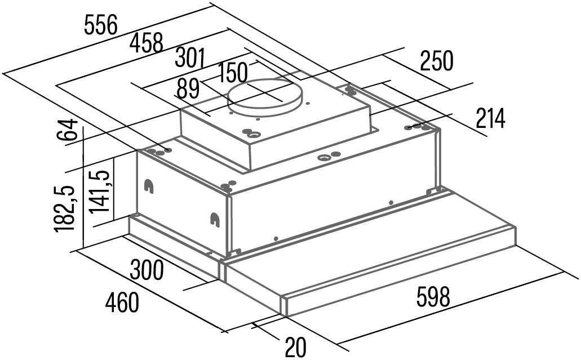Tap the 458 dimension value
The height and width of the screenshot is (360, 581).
coord(147,43)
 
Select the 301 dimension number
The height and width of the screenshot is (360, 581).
coord(190,58)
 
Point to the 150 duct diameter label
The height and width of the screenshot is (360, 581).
coord(232,73)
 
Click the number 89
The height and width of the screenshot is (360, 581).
coord(188,88)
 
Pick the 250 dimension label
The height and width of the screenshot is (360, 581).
coord(437,61)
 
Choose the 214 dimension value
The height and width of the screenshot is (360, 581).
coord(490,118)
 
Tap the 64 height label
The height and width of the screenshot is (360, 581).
coord(68,130)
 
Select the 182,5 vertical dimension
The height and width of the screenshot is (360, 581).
coord(65,209)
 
